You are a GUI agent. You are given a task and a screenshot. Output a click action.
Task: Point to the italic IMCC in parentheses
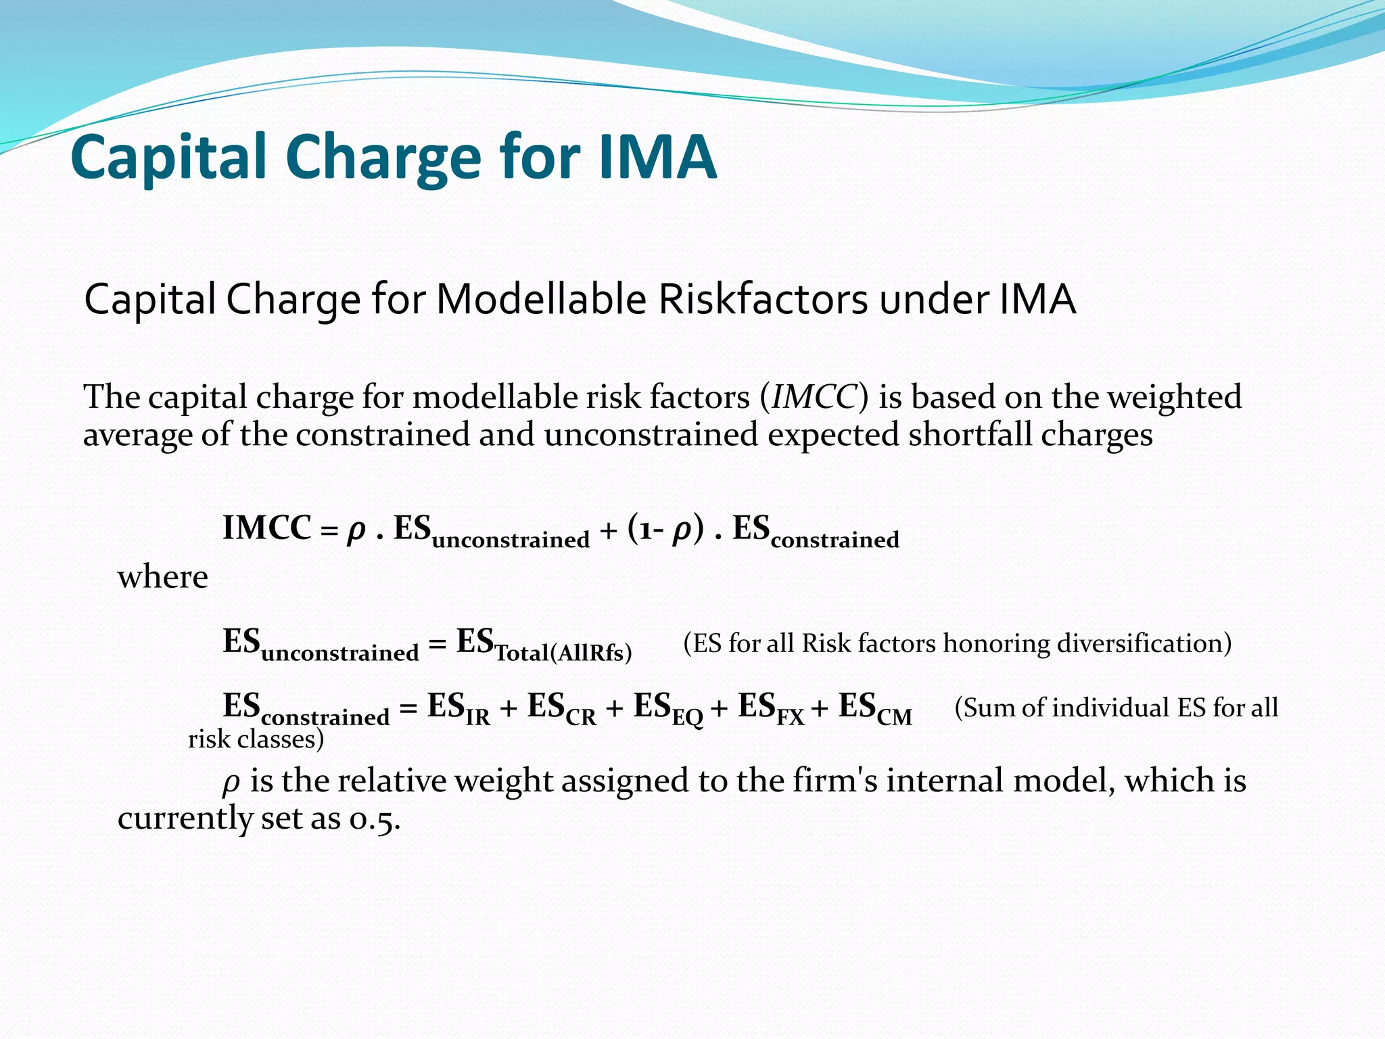[814, 397]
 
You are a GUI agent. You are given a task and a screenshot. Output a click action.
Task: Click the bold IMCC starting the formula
[267, 528]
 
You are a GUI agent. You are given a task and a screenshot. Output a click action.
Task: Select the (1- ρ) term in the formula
[665, 528]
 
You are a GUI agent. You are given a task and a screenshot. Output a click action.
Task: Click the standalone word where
[163, 577]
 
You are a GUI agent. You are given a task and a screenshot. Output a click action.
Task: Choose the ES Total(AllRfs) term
[544, 645]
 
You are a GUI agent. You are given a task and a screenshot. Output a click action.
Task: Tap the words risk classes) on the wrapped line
[256, 739]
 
